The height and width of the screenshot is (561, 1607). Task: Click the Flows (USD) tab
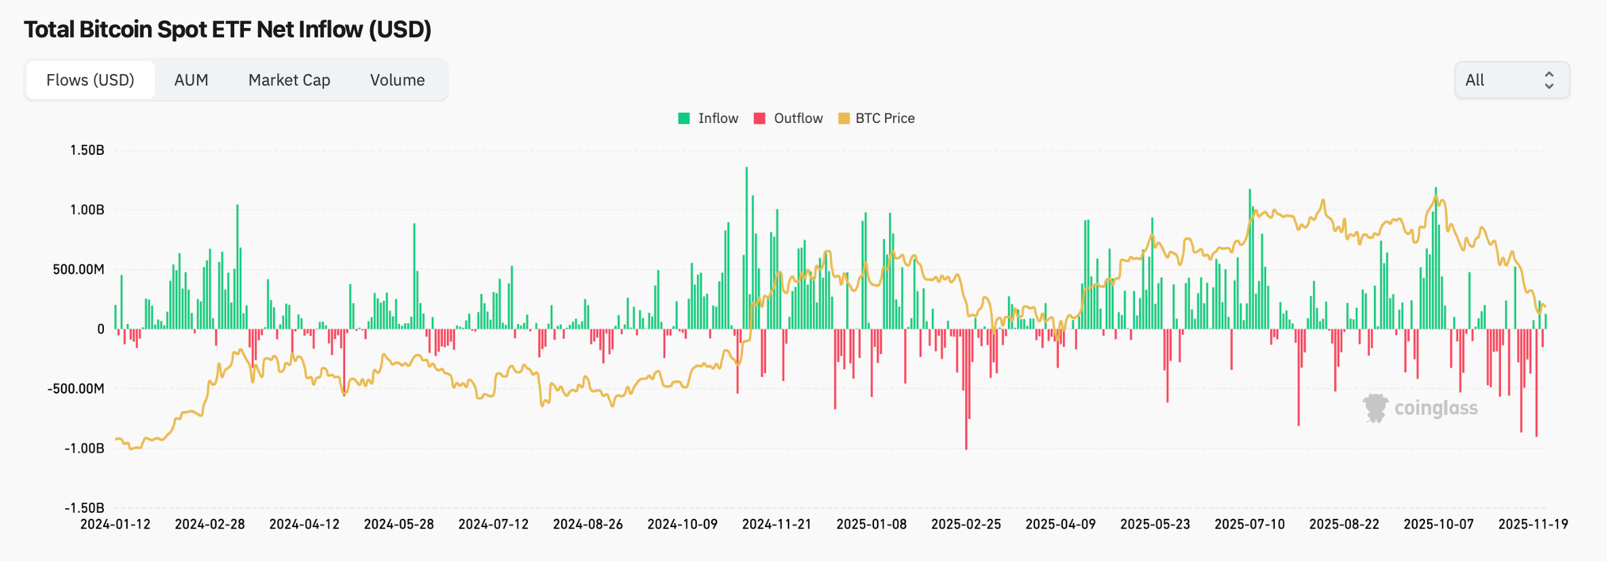click(x=90, y=80)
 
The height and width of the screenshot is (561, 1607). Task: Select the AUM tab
click(x=191, y=80)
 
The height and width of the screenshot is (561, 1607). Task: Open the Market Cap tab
click(x=289, y=80)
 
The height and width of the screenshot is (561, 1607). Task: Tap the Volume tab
click(x=397, y=80)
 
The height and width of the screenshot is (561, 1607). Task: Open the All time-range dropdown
click(x=1512, y=80)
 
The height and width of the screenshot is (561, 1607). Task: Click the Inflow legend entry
click(x=708, y=118)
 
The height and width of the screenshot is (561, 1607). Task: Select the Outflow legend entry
click(x=789, y=118)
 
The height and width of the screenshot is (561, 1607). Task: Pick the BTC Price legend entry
click(x=877, y=118)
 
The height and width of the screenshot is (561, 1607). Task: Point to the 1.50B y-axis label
click(x=87, y=150)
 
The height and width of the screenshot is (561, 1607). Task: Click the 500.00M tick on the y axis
click(x=79, y=270)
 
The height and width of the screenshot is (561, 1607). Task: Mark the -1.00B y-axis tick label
click(x=84, y=448)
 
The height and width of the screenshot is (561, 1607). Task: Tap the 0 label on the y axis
click(x=101, y=329)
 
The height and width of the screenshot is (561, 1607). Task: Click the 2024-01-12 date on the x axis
click(x=115, y=524)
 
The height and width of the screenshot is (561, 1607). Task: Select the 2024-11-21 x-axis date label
click(x=776, y=524)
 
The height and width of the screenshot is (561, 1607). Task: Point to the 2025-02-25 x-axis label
click(x=966, y=524)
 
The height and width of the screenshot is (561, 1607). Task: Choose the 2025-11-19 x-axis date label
click(x=1533, y=524)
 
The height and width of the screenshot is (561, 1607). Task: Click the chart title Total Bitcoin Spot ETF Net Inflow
click(x=228, y=29)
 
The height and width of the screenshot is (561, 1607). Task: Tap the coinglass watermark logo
click(x=1420, y=408)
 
